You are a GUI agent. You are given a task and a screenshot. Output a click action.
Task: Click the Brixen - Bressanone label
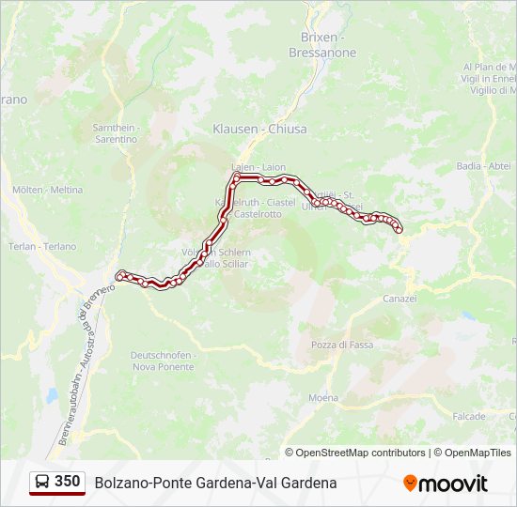click(x=328, y=45)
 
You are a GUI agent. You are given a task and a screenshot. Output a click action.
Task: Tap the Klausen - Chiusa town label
click(x=259, y=129)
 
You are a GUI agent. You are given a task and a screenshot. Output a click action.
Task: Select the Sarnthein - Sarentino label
click(x=115, y=133)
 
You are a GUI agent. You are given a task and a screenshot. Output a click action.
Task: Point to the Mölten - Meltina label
click(x=47, y=190)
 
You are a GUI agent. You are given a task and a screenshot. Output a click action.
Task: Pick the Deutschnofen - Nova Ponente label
click(x=163, y=361)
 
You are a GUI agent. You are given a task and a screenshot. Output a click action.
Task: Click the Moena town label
click(x=322, y=398)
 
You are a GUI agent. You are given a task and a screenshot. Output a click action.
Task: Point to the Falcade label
click(x=468, y=416)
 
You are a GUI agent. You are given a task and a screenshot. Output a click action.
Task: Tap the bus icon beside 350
click(x=42, y=483)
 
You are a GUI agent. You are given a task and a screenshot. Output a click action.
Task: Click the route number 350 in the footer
click(x=68, y=482)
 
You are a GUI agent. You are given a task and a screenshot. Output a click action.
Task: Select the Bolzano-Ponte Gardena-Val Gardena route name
click(x=215, y=483)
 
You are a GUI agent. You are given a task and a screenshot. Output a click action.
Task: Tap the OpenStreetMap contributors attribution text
click(x=361, y=453)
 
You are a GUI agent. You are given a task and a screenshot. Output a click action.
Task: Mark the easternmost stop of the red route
click(x=399, y=229)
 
